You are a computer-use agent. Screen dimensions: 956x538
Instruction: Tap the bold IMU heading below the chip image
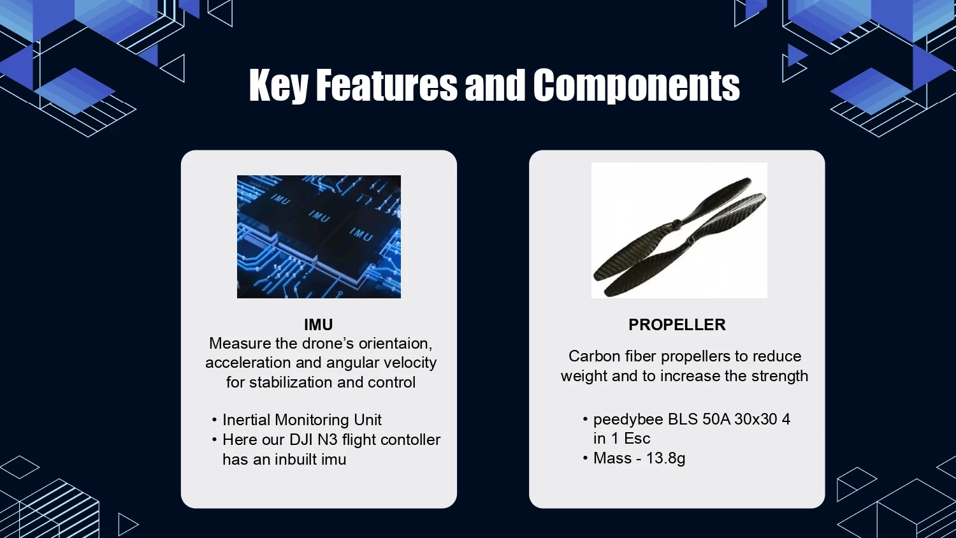(x=319, y=325)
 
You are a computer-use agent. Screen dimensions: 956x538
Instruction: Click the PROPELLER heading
(x=677, y=325)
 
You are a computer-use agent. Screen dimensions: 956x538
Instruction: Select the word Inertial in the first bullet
(x=247, y=419)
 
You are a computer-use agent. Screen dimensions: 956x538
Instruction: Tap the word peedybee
(x=628, y=419)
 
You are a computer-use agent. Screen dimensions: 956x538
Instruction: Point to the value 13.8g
(x=666, y=458)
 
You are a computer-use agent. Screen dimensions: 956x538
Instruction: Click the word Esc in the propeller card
(x=637, y=439)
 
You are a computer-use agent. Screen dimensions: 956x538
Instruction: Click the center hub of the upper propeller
(x=676, y=223)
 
